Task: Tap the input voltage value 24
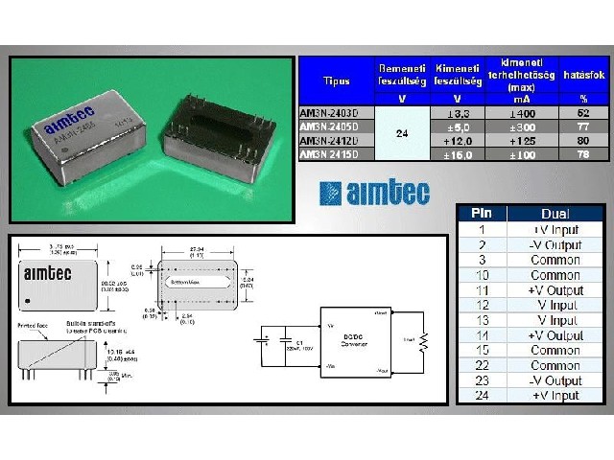[401, 132]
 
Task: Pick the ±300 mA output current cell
[522, 126]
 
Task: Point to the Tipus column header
[336, 81]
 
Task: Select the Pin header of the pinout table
[482, 214]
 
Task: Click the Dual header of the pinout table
[556, 214]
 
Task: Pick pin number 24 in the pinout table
[482, 395]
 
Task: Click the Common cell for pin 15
[556, 352]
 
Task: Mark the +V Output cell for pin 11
[556, 290]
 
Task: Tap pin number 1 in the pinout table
[482, 230]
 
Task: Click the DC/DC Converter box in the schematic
[352, 341]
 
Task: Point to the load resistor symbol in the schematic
[422, 339]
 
